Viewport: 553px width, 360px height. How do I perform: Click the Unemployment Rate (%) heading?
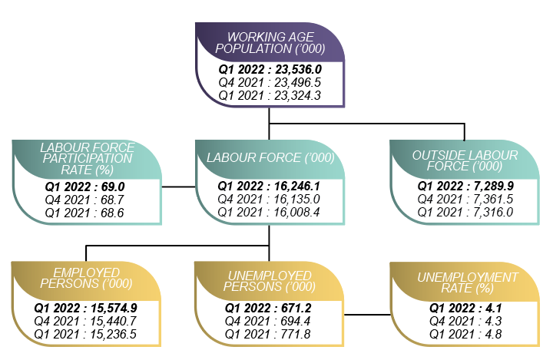pyautogui.click(x=467, y=282)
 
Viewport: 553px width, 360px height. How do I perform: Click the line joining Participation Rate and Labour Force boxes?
pyautogui.click(x=177, y=187)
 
